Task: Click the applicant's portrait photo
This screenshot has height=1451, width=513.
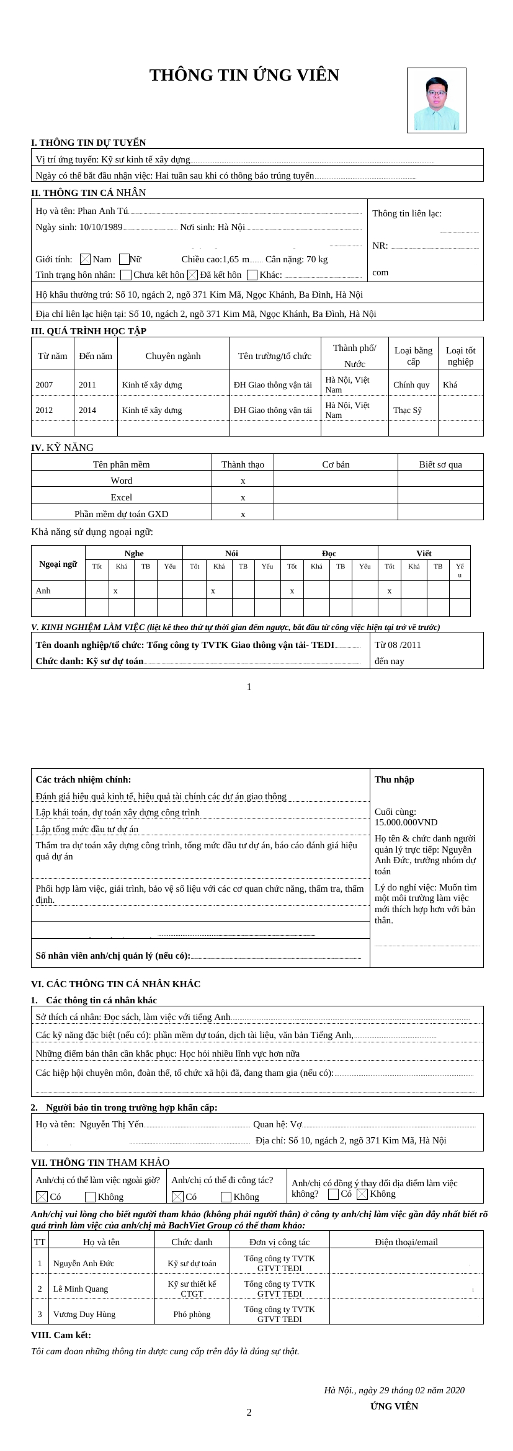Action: pyautogui.click(x=436, y=100)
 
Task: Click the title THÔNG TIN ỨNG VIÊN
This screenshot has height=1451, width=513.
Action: pyautogui.click(x=244, y=76)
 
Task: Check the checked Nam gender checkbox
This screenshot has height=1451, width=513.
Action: pyautogui.click(x=86, y=259)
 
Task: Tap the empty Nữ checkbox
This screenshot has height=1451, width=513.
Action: pyautogui.click(x=124, y=259)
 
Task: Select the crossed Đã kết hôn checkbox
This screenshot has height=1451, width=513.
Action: pyautogui.click(x=192, y=275)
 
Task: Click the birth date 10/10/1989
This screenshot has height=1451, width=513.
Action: pyautogui.click(x=100, y=228)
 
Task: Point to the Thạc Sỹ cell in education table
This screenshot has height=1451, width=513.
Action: pyautogui.click(x=407, y=410)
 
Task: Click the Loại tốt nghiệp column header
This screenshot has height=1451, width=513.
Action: pyautogui.click(x=460, y=356)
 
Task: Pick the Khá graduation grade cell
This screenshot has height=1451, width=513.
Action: pyautogui.click(x=450, y=384)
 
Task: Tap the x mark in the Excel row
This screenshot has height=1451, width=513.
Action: pyautogui.click(x=243, y=497)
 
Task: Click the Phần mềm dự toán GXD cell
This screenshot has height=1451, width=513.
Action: pyautogui.click(x=121, y=514)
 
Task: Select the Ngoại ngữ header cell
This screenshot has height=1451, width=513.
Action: pyautogui.click(x=58, y=564)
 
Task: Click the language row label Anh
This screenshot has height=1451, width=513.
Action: pyautogui.click(x=43, y=590)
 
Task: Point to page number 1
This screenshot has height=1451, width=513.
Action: pyautogui.click(x=249, y=686)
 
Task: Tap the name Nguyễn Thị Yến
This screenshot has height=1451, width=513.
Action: pyautogui.click(x=112, y=1124)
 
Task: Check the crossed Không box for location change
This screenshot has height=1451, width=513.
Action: pyautogui.click(x=362, y=1194)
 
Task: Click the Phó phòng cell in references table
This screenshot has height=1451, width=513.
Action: pyautogui.click(x=192, y=1314)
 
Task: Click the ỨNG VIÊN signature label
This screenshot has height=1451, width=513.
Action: pyautogui.click(x=394, y=1406)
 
